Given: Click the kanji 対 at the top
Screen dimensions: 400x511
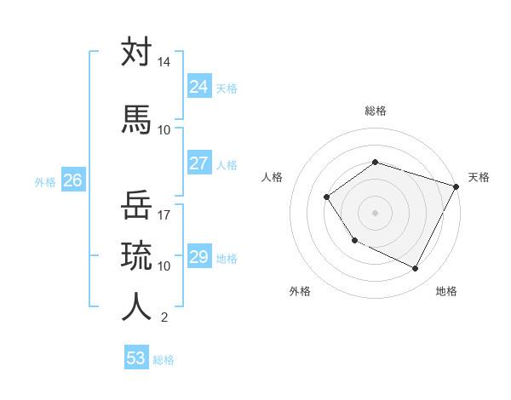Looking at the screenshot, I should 136,53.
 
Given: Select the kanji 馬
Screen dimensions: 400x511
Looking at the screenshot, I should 136,119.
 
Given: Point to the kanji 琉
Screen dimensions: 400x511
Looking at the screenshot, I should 136,254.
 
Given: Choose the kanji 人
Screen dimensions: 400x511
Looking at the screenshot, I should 136,306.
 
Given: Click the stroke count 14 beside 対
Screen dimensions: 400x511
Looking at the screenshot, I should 164,63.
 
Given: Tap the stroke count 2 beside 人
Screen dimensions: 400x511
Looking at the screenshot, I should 164,317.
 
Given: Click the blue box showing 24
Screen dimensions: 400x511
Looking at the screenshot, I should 198,87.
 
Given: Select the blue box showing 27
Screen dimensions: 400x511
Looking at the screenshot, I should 198,163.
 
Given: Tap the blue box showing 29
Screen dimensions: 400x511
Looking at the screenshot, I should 198,257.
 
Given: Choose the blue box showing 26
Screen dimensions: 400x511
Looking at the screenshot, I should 73,180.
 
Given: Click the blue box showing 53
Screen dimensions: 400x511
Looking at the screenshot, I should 136,358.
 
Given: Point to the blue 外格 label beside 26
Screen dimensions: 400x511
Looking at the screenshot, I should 45,181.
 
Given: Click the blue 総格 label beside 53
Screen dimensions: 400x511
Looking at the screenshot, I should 164,360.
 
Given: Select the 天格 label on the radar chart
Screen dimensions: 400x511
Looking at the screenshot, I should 479,177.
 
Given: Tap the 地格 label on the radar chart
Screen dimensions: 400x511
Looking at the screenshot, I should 446,291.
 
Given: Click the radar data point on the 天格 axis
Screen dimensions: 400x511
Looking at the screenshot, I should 456,186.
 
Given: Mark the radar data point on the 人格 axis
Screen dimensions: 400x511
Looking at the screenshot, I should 327,197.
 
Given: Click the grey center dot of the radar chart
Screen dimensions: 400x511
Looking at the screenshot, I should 375,213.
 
